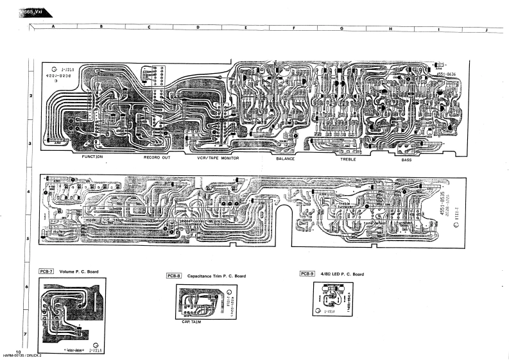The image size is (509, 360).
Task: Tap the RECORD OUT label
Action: point(157,157)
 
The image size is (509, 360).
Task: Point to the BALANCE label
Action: point(286,158)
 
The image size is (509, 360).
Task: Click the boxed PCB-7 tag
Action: point(46,271)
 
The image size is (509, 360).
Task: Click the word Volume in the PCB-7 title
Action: point(67,271)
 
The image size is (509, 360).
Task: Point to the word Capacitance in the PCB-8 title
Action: point(202,276)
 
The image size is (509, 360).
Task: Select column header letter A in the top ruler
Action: point(53,28)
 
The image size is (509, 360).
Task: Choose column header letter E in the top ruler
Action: point(246,28)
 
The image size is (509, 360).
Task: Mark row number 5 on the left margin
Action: point(27,238)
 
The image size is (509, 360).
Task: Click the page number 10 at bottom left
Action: point(19,352)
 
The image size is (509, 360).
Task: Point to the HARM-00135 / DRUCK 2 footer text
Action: point(22,356)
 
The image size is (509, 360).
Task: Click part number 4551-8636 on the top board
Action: point(448,74)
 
